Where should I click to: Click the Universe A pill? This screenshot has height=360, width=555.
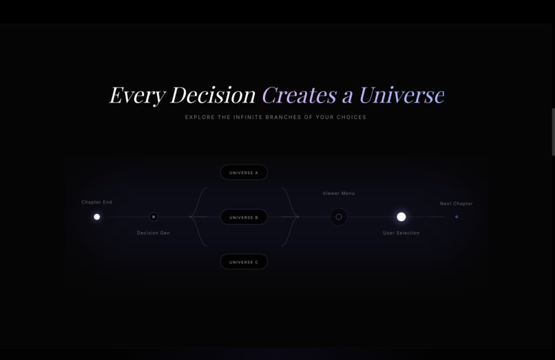point(244,172)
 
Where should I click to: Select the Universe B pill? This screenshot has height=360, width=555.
point(244,217)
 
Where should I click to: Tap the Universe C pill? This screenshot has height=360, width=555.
point(244,262)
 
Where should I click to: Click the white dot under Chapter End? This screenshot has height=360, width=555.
point(97,217)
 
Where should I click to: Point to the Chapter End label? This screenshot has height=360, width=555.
point(96,202)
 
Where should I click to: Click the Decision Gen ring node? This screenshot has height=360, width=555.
point(154,217)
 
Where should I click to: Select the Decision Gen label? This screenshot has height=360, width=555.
point(154,233)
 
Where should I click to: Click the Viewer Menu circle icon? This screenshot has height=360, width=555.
point(339,217)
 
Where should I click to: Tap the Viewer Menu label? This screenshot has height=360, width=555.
point(339,193)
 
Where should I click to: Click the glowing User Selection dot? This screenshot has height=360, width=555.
point(401,217)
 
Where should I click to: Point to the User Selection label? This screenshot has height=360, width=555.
point(401,233)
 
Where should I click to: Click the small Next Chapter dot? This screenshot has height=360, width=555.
point(457,217)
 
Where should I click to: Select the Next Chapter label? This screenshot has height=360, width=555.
point(457,204)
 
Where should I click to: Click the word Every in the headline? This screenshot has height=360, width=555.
point(136,95)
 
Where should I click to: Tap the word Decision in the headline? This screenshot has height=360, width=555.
point(213,95)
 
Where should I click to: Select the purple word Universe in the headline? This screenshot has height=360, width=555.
point(401,95)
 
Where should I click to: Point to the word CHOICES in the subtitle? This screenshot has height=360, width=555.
point(350,117)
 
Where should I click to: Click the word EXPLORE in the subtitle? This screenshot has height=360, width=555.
point(200,117)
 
